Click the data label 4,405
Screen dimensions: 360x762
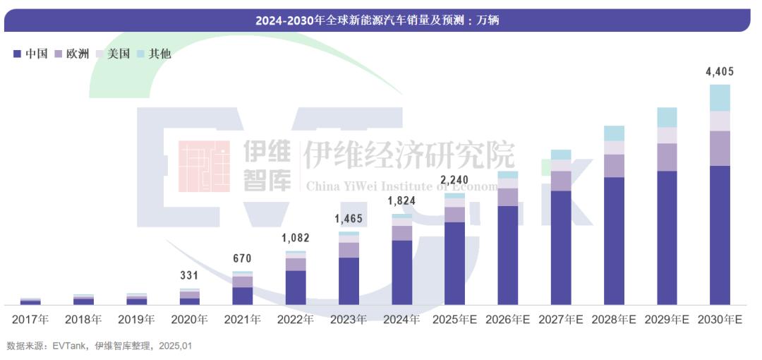720,71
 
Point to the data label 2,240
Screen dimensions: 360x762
454,179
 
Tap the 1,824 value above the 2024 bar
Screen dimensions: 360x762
401,200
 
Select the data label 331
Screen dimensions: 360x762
190,276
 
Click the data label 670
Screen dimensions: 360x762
242,258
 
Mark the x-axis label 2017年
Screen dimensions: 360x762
30,319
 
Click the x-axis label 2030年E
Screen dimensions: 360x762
720,319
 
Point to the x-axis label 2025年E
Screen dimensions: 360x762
454,319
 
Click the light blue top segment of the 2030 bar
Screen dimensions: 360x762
720,97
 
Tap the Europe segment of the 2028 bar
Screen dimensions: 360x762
614,165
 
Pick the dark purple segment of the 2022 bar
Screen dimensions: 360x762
296,287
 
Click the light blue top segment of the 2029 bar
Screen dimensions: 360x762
667,117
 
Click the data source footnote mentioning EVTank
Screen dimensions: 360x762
99,346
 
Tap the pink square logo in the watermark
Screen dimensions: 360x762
204,167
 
